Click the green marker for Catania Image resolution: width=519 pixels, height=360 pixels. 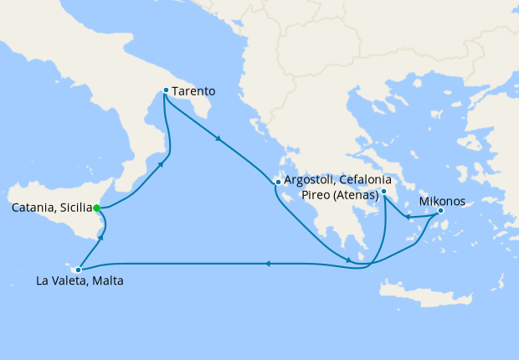[97, 208]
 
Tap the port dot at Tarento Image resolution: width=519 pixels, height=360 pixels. [166, 90]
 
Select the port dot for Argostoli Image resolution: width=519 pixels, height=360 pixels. [277, 181]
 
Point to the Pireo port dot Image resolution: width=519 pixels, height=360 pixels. [383, 193]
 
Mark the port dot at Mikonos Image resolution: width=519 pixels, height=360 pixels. [440, 211]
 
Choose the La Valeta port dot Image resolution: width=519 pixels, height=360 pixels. [78, 270]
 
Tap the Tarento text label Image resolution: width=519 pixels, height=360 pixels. [194, 90]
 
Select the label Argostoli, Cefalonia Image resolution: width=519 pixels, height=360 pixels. [338, 180]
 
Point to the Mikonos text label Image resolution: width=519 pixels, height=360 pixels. [441, 201]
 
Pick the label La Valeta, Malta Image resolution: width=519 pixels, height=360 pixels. [80, 281]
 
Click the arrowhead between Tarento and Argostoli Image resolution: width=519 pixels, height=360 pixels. [219, 138]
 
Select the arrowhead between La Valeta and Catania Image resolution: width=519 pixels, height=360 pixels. [101, 239]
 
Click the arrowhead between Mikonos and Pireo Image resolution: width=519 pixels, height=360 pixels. [405, 218]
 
